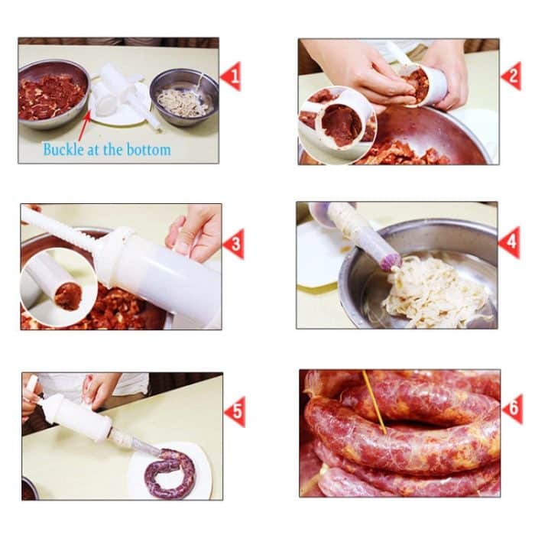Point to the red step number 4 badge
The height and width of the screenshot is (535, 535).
tap(510, 242)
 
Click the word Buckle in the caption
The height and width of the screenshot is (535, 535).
tap(62, 149)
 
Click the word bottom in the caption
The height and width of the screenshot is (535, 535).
tap(148, 149)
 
